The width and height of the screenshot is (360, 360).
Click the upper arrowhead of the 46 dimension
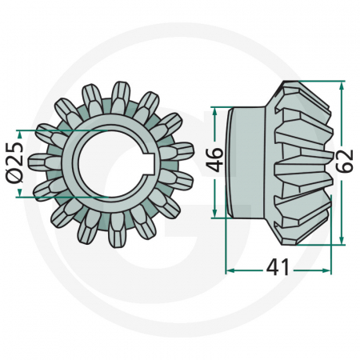[x=214, y=110]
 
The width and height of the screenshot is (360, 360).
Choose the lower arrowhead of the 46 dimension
[x=214, y=213]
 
